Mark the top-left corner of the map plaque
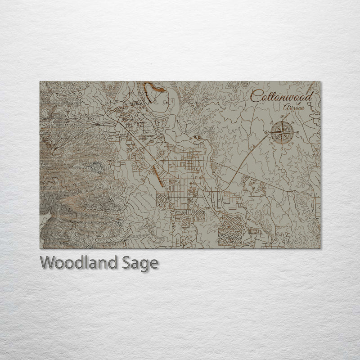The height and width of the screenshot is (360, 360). tap(40, 82)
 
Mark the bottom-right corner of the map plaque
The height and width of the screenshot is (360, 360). tap(320, 248)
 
